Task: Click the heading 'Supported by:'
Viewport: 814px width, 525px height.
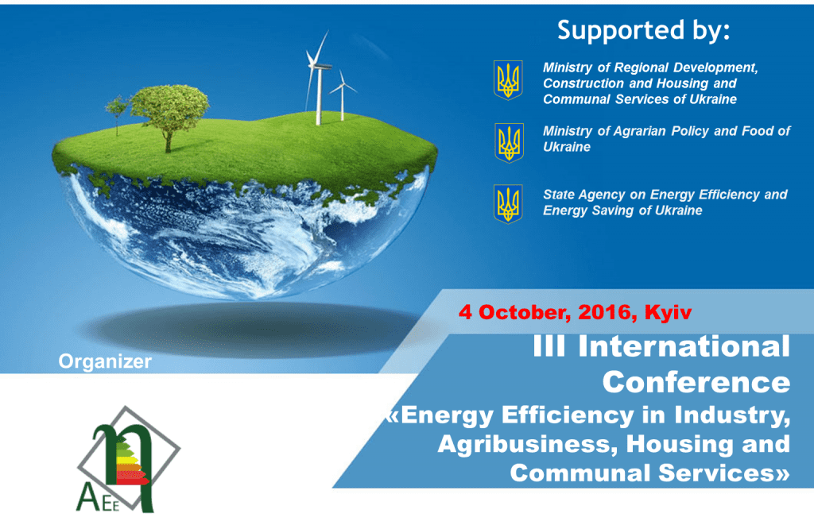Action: coord(643,31)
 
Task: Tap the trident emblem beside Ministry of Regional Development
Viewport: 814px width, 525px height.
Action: coord(508,80)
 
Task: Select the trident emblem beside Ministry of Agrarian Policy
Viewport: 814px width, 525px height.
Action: coord(509,143)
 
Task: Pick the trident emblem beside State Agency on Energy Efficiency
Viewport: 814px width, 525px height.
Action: coord(508,204)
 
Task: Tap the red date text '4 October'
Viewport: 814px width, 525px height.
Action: coord(515,312)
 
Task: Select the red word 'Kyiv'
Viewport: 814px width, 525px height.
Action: coord(668,312)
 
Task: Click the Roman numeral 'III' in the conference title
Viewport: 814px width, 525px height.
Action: coord(548,346)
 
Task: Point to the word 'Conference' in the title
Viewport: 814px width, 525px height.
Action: coord(696,382)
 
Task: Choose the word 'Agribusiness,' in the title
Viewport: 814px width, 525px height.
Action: coord(528,445)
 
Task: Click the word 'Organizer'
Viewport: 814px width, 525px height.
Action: coord(105,361)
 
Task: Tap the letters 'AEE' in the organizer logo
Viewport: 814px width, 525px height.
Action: coord(98,499)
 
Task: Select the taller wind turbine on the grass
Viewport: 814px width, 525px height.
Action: coord(317,78)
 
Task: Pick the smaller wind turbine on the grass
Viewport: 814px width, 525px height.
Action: coord(342,95)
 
